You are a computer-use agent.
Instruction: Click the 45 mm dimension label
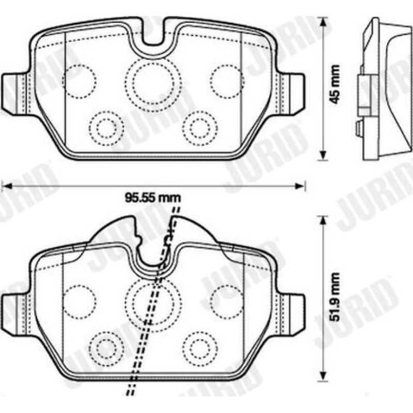335,84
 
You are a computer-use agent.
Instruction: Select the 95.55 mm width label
153,198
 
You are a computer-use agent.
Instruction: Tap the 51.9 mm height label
335,297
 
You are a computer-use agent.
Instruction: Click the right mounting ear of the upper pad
291,94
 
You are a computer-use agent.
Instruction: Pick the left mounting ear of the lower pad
14,315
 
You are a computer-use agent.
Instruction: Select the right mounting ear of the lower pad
291,315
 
